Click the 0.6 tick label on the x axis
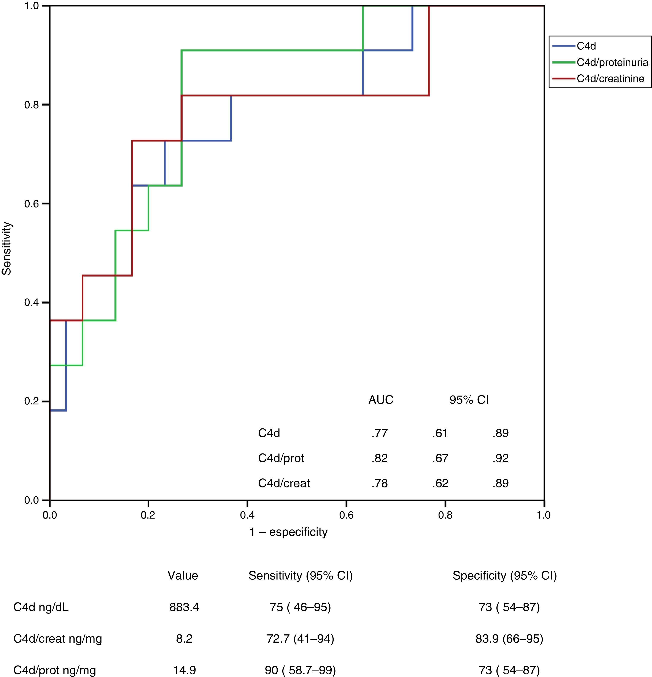tap(346, 515)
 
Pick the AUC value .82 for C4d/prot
tap(379, 458)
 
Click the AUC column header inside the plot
tap(381, 400)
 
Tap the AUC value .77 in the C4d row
tap(379, 433)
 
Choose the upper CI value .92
tap(501, 458)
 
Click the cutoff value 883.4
tap(184, 607)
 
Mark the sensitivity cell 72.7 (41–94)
tap(300, 639)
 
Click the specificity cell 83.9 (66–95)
tap(509, 639)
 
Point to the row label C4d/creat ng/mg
tap(58, 639)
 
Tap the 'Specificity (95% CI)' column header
tap(505, 575)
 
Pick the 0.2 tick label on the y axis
tap(32, 401)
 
